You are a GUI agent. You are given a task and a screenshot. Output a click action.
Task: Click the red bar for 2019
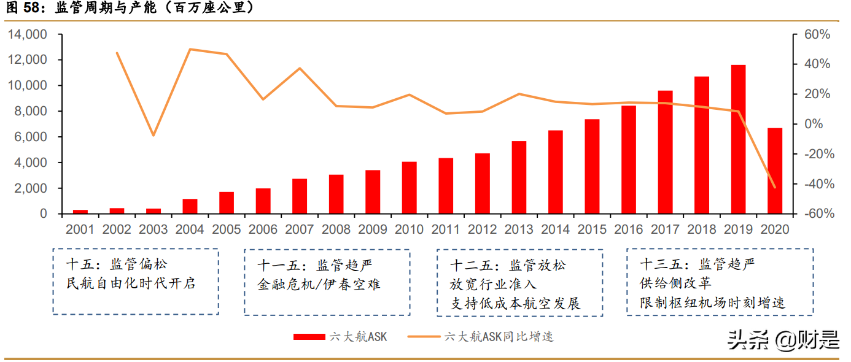[x=738, y=139]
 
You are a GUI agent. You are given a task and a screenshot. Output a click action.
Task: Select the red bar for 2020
[x=774, y=171]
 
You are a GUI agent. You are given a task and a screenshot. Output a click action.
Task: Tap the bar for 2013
[x=519, y=177]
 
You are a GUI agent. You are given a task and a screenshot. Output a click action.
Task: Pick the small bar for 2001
[x=80, y=212]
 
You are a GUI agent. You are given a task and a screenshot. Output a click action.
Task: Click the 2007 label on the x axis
[x=300, y=229]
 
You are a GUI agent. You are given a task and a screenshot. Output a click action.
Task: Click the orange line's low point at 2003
[x=153, y=135]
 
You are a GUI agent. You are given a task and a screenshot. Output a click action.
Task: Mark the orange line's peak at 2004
[x=190, y=49]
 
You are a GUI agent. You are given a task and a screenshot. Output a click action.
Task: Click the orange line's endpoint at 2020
[x=774, y=187]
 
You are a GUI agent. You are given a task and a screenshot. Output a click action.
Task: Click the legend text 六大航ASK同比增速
[x=498, y=337]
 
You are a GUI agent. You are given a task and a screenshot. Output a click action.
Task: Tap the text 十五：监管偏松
[x=116, y=264]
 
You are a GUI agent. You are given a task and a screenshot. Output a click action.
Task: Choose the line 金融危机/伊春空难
[x=319, y=284]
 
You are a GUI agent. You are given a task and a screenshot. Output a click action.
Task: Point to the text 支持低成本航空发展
[x=516, y=303]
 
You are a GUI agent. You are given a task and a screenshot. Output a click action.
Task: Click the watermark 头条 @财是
[x=783, y=339]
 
